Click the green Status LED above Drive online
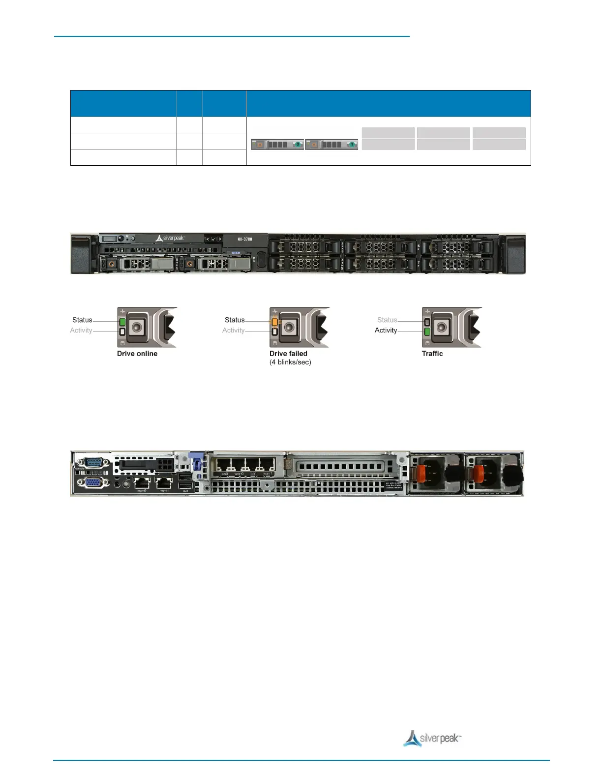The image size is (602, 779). (x=122, y=322)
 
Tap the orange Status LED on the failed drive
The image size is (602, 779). (x=275, y=322)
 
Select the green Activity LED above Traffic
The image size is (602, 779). (x=427, y=331)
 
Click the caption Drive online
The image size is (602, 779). (x=137, y=354)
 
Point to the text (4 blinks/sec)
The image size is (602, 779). (x=290, y=362)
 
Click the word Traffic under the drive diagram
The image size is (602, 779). (x=432, y=354)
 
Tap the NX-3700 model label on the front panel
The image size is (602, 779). (x=245, y=239)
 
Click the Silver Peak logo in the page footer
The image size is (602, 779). (x=432, y=738)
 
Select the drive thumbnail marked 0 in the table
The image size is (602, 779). (x=277, y=145)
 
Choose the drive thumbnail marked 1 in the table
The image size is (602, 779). (x=331, y=145)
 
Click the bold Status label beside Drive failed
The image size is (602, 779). (x=235, y=320)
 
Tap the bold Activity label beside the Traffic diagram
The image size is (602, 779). (x=386, y=330)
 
